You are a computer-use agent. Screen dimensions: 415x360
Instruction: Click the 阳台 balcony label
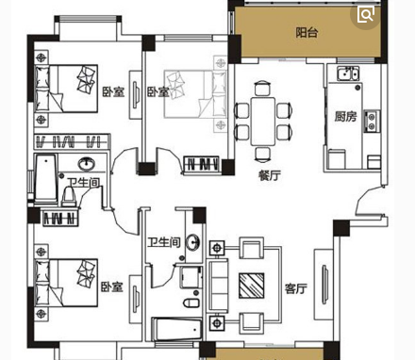coord(307,32)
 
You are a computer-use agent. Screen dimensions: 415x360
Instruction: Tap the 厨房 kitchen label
coord(346,117)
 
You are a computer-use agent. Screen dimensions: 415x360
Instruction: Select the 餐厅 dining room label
coord(270,175)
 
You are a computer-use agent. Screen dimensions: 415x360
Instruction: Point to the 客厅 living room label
coord(296,288)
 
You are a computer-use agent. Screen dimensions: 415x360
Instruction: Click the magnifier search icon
coord(366,15)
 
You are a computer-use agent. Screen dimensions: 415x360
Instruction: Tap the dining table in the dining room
coord(263,122)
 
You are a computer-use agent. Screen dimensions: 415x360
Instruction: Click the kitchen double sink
coord(348,74)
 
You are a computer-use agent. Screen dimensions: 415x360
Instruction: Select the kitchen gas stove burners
coord(372,122)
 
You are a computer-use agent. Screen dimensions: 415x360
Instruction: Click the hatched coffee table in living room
coord(251,286)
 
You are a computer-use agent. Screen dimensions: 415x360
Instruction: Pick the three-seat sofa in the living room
coord(219,286)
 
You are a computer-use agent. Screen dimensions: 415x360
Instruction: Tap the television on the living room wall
coord(324,285)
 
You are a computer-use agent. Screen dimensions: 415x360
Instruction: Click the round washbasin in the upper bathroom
coord(87,164)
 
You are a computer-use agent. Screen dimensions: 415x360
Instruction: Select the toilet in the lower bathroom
coord(191,303)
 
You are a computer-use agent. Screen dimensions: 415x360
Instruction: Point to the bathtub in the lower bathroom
coord(176,329)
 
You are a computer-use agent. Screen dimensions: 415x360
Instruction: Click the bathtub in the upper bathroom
coord(46,179)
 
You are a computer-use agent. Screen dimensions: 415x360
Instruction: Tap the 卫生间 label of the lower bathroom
coord(164,242)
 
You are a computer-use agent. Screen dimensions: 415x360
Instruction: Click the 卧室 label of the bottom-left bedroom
coord(112,286)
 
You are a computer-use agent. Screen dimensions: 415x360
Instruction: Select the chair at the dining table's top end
coord(262,88)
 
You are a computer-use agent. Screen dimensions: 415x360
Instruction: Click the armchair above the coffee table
coord(252,248)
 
